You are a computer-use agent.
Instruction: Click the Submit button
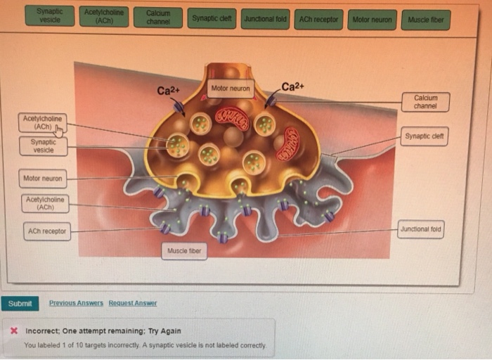click(x=20, y=303)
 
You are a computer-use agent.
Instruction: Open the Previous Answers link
click(x=76, y=303)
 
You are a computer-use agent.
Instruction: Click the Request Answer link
click(x=132, y=303)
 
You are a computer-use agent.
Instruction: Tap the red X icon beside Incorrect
click(x=14, y=330)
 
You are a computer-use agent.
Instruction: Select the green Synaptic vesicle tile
click(x=49, y=15)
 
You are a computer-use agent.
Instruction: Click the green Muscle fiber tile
click(x=426, y=20)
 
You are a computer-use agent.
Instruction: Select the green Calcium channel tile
click(x=158, y=17)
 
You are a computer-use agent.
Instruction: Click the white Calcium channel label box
click(x=426, y=102)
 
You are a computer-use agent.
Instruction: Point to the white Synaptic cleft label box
click(x=425, y=136)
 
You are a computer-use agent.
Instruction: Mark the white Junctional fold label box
click(x=421, y=229)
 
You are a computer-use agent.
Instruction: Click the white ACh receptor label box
click(x=46, y=231)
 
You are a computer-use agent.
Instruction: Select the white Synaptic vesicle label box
click(x=44, y=146)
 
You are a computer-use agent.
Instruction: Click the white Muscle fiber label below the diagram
click(x=184, y=251)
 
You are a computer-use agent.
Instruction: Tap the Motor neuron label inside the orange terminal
click(x=231, y=89)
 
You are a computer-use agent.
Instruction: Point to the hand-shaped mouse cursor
click(x=59, y=130)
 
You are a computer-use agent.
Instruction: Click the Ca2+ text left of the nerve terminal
click(x=169, y=91)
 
